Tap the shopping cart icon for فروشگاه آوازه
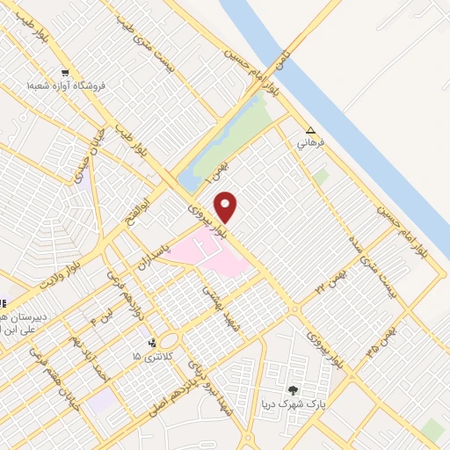pyautogui.click(x=65, y=73)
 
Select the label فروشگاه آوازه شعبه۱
pyautogui.click(x=66, y=86)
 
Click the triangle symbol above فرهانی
pyautogui.click(x=310, y=128)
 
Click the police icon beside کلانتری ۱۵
pyautogui.click(x=153, y=342)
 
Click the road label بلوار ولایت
pyautogui.click(x=66, y=272)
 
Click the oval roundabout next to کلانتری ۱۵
pyautogui.click(x=170, y=341)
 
